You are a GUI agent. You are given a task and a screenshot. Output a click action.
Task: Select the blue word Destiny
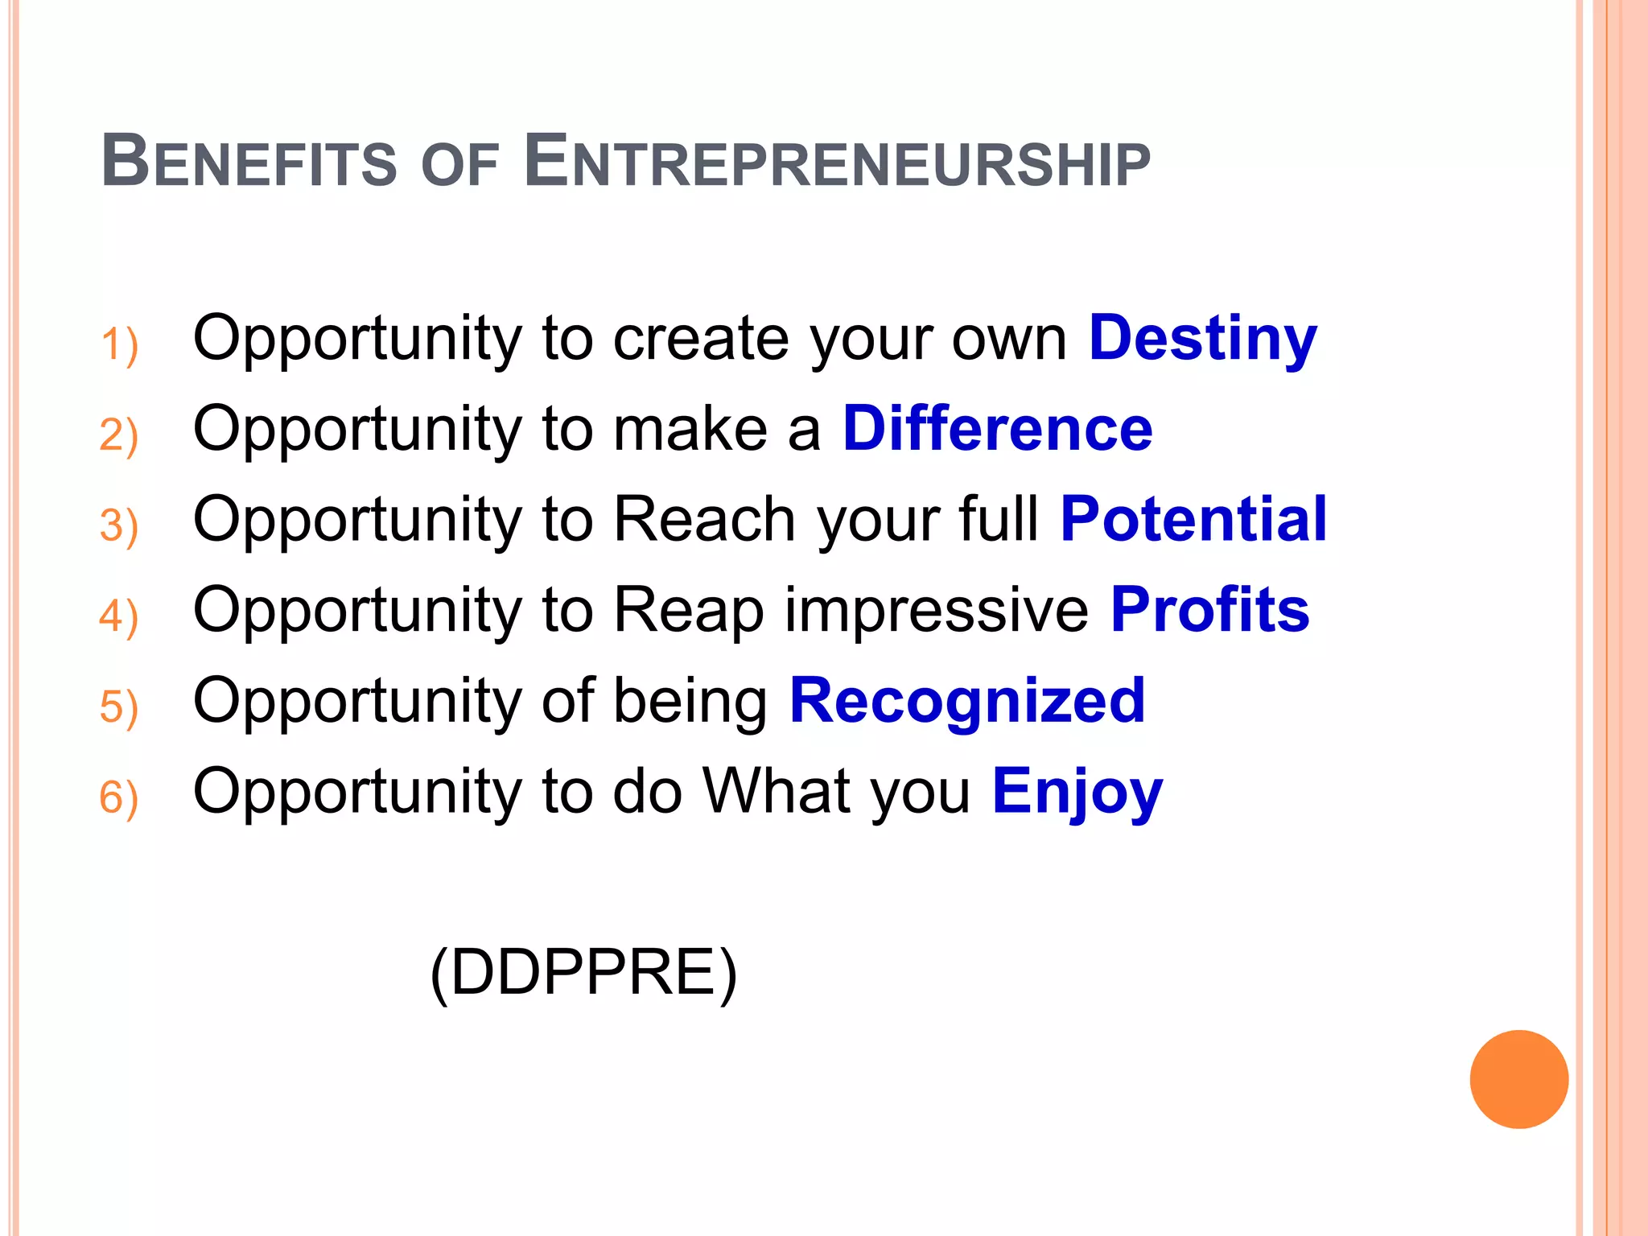coord(1202,339)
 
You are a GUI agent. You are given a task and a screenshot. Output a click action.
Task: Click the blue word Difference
coord(997,428)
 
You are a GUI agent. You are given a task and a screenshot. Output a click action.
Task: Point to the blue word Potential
coord(1193,519)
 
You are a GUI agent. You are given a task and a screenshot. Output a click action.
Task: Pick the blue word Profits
coord(1209,610)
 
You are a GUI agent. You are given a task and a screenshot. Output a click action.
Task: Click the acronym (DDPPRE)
coord(583,973)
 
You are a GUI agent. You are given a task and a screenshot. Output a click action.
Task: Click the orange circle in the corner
coord(1518,1079)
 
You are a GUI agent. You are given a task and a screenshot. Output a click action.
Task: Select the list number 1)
coord(119,345)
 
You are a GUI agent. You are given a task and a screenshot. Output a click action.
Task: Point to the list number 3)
coord(119,526)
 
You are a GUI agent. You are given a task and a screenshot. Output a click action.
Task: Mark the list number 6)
coord(119,798)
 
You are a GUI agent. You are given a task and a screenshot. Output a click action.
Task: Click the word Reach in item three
coord(705,519)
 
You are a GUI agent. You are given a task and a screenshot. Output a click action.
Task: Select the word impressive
coord(937,610)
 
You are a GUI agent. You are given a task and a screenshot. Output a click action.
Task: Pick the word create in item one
coord(701,339)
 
